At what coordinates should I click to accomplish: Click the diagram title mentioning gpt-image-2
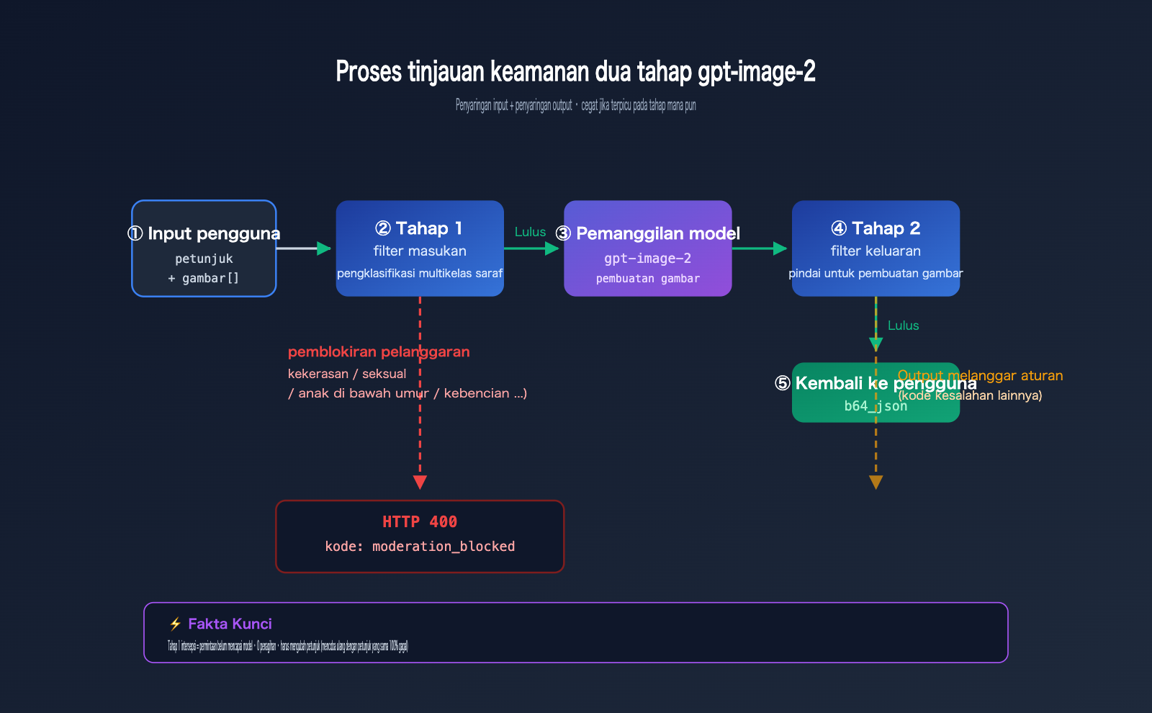(575, 72)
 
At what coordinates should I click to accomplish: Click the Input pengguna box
(204, 248)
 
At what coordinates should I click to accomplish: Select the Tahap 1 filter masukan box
(420, 248)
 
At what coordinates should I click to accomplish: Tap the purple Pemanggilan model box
(647, 248)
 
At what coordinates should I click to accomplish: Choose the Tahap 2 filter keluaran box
(876, 248)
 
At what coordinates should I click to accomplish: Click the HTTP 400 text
(420, 522)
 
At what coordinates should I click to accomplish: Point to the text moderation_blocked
(444, 547)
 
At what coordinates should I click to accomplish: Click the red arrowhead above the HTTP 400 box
(420, 482)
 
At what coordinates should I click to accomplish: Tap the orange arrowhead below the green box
(876, 482)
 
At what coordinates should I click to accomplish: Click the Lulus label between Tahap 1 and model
(530, 232)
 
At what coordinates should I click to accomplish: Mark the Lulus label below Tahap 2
(903, 326)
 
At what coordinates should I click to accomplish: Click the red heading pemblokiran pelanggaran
(379, 352)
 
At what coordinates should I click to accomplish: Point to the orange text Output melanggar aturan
(980, 375)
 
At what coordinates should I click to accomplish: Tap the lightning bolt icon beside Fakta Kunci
(175, 624)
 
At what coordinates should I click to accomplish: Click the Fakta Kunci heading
(230, 624)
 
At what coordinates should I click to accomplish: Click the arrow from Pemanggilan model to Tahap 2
(760, 248)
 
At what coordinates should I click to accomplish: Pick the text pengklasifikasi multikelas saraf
(420, 274)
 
